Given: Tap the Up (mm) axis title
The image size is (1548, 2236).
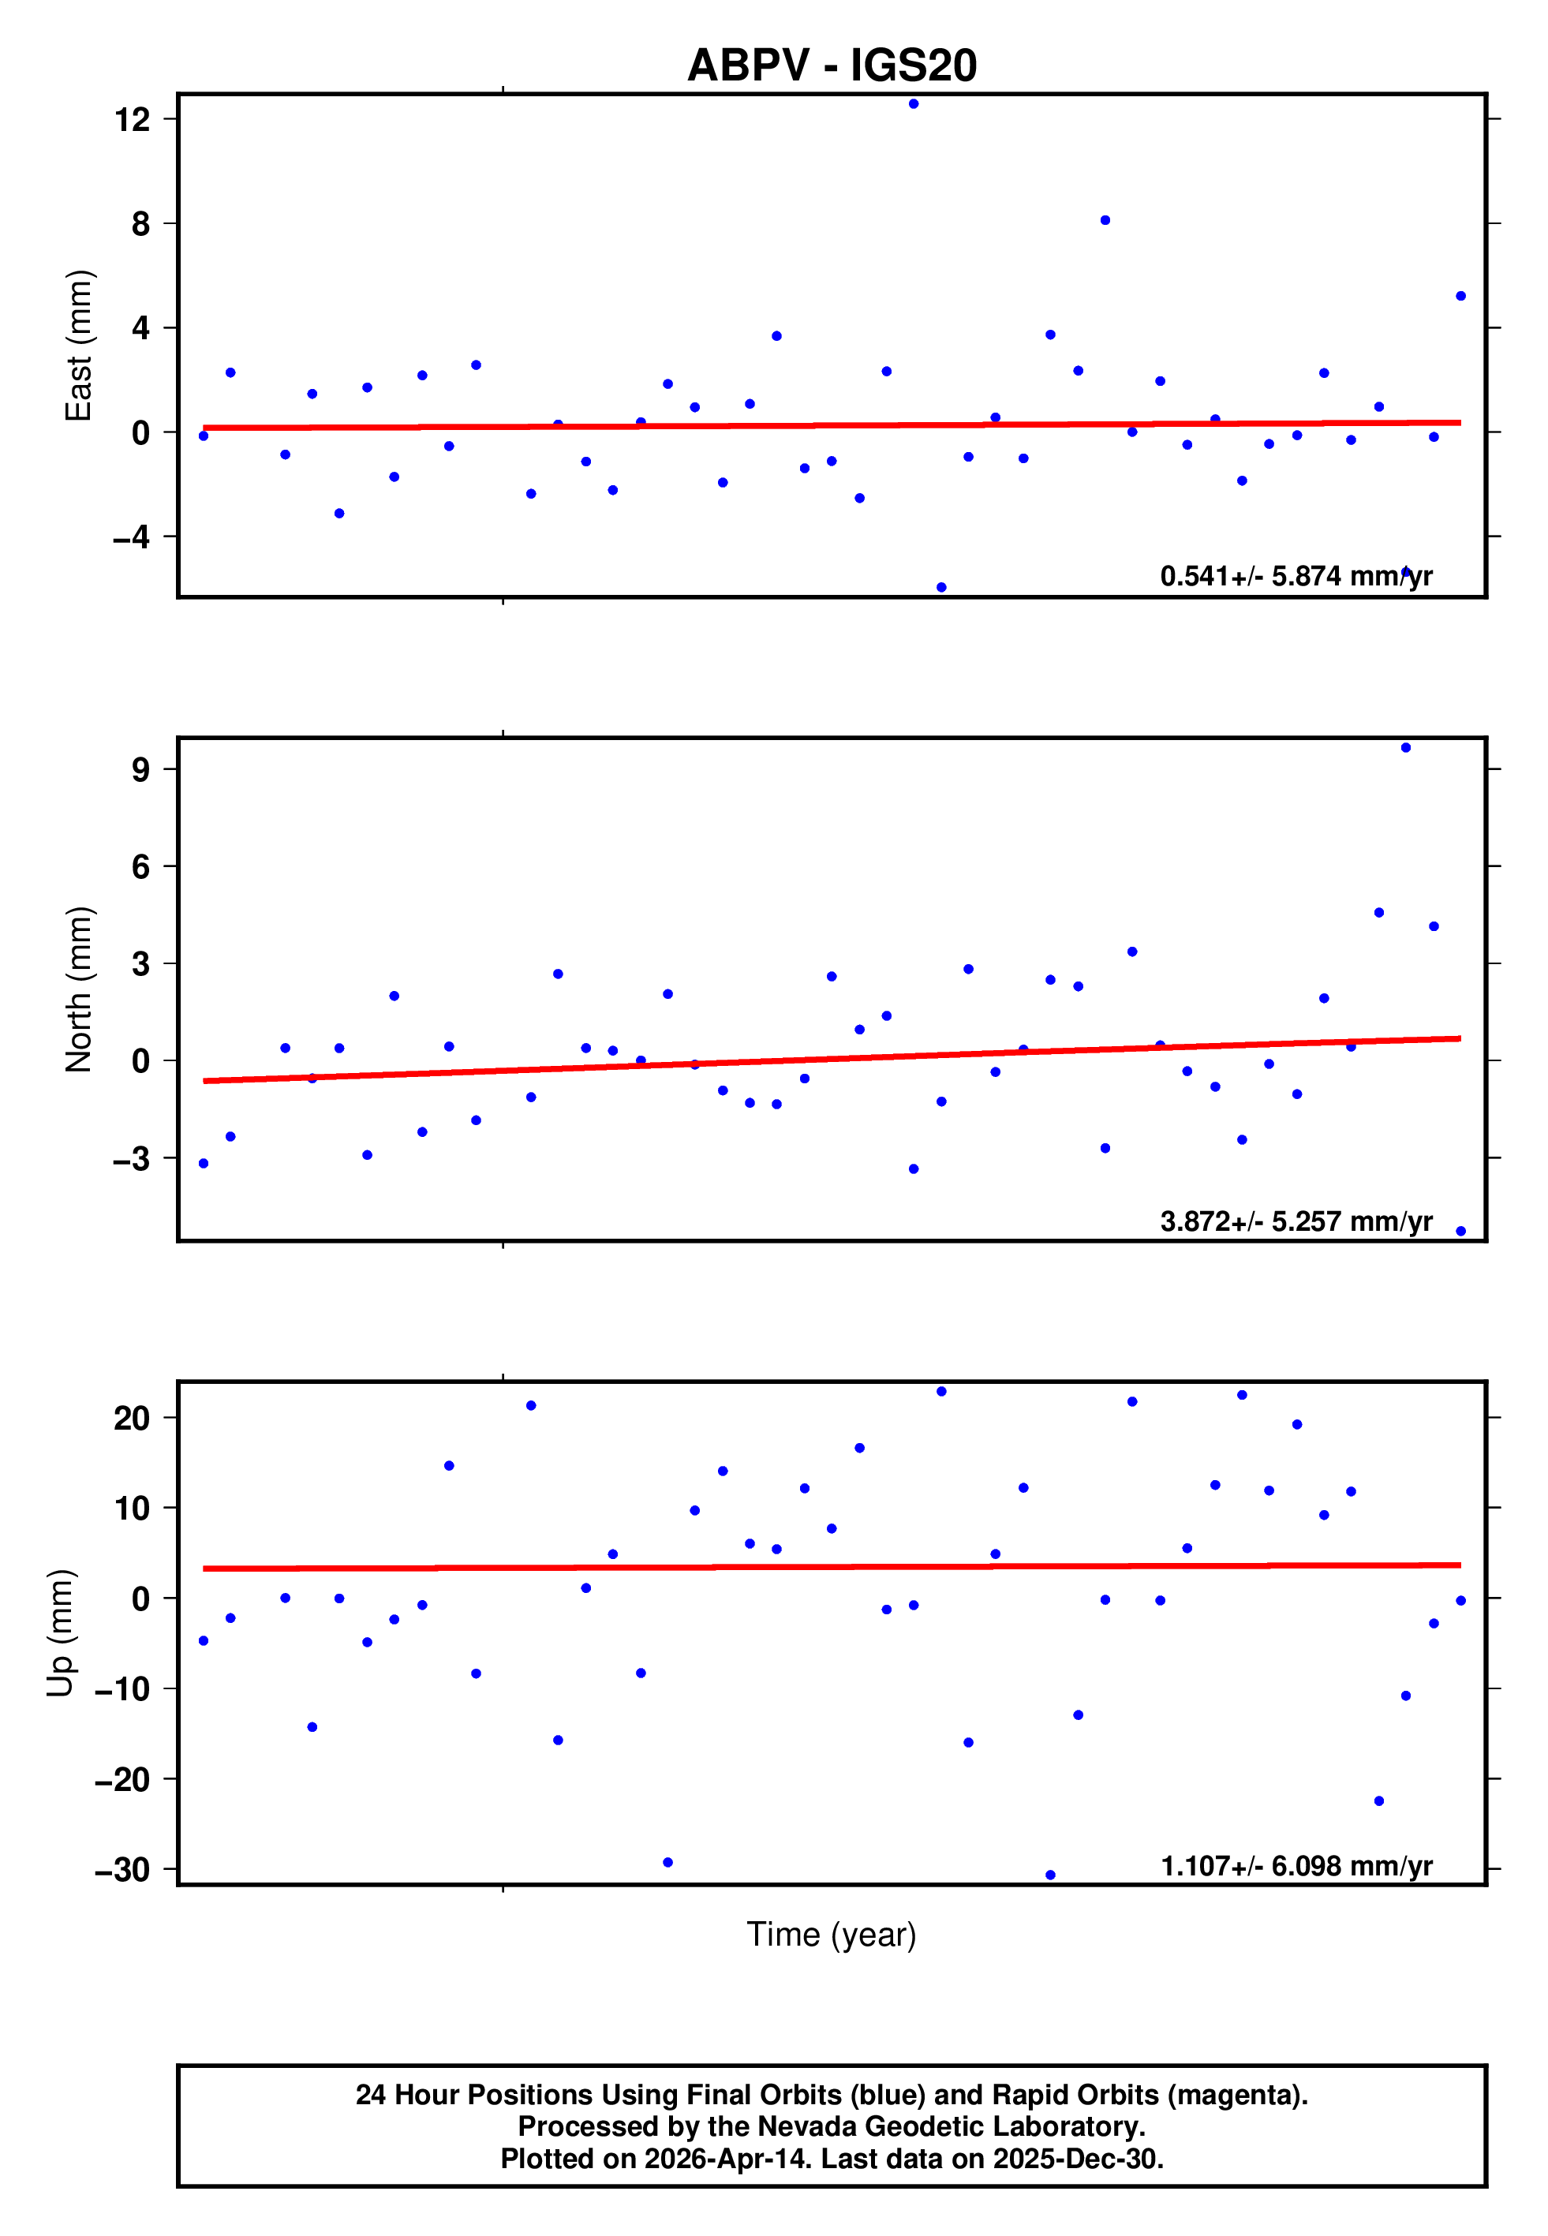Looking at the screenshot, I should (60, 1633).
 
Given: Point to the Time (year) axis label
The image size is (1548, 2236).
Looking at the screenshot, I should (832, 1935).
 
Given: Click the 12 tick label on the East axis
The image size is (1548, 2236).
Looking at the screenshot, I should (132, 119).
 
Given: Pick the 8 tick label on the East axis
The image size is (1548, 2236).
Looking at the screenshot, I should (140, 224).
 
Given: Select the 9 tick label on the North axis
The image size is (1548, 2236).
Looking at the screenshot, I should (140, 770).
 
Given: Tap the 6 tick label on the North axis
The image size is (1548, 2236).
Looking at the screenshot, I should (140, 867).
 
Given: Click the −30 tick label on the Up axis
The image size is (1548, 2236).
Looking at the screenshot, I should (122, 1869).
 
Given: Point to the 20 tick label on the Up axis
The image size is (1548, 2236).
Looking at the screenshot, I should (132, 1419).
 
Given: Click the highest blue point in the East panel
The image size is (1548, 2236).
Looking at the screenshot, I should (914, 103).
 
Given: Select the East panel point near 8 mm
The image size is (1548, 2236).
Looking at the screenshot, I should (1105, 220).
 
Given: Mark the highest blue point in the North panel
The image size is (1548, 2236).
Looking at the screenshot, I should (1405, 748).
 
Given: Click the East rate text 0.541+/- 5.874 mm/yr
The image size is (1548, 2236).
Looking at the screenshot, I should (1296, 576).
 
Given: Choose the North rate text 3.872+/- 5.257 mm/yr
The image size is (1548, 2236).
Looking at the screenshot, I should (1296, 1221).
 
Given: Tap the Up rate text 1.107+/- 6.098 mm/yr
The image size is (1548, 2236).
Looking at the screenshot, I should (1296, 1866).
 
